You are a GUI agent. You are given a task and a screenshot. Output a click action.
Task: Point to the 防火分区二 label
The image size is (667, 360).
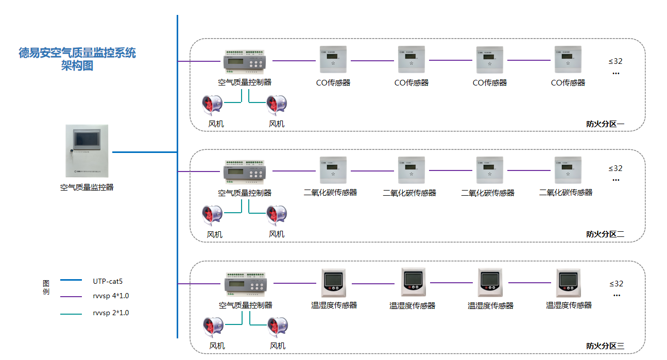click(605, 234)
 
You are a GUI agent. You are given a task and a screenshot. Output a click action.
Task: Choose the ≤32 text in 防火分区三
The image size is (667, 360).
click(616, 284)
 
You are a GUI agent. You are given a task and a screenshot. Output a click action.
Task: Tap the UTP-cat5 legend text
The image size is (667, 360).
click(108, 281)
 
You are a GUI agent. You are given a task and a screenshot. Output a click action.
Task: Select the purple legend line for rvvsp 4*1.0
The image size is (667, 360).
click(71, 297)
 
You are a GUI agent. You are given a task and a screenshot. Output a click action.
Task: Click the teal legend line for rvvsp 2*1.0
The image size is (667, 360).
click(71, 314)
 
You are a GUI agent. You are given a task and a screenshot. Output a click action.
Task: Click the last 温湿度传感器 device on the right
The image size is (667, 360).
click(569, 282)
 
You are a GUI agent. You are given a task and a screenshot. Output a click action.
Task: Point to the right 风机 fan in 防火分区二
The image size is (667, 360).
click(277, 215)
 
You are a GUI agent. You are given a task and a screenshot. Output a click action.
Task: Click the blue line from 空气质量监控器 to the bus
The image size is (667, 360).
click(144, 152)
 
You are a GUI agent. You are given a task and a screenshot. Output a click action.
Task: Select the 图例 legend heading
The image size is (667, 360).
click(46, 287)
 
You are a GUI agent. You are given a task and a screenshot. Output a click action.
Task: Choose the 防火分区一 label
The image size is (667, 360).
click(605, 124)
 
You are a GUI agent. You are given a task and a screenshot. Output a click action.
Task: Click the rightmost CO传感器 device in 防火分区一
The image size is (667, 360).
click(568, 60)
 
